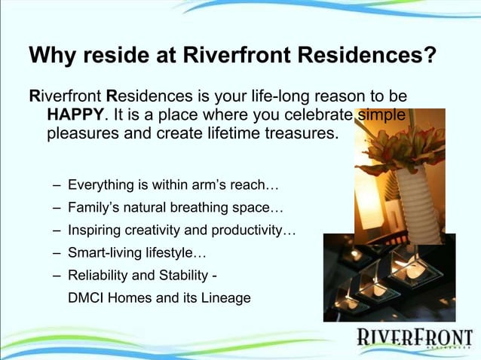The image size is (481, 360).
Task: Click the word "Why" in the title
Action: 50,57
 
